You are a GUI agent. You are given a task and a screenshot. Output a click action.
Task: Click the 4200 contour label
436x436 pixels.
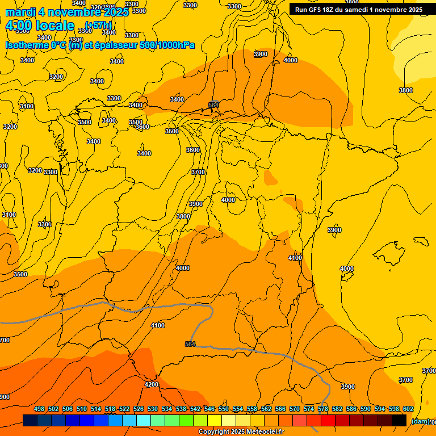(152, 384)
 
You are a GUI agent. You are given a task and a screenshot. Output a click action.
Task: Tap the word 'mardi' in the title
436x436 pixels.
(20, 12)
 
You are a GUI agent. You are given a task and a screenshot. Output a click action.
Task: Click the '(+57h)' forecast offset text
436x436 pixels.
(98, 25)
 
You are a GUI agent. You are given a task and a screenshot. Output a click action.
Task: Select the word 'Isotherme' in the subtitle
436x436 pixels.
(26, 45)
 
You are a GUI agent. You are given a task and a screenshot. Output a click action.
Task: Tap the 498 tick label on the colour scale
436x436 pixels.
(39, 409)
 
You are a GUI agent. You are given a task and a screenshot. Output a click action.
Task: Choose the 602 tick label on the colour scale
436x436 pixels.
(408, 409)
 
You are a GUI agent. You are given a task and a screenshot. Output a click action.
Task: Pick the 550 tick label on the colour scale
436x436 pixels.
(224, 409)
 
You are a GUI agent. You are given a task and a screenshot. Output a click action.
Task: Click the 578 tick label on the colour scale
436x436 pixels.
(323, 409)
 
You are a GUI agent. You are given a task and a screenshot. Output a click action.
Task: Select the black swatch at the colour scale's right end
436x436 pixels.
(399, 420)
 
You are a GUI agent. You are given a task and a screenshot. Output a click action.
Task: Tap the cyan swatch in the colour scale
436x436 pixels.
(144, 420)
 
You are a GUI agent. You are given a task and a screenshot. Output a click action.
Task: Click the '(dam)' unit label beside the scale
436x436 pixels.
(420, 421)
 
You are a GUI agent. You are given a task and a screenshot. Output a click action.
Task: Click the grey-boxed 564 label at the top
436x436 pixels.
(213, 105)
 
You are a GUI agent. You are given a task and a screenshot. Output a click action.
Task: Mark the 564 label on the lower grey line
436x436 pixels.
(190, 344)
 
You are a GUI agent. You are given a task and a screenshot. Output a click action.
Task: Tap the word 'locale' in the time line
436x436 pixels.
(55, 26)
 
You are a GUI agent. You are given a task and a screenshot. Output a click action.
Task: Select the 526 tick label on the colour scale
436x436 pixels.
(139, 409)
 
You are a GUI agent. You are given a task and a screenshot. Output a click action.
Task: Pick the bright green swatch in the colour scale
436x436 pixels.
(186, 420)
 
